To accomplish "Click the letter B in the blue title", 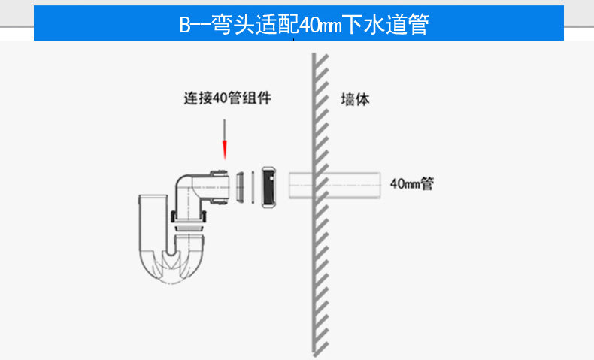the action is click(x=185, y=25).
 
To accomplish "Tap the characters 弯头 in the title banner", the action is click(x=232, y=25).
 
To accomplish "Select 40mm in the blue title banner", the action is click(x=320, y=25).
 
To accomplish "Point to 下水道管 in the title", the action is click(x=386, y=25).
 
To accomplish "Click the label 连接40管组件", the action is click(x=227, y=98).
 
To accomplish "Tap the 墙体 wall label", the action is click(x=355, y=99).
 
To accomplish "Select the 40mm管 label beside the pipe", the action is click(x=412, y=184).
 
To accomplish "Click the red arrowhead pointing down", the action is click(x=225, y=150).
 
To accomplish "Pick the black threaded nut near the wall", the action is click(x=268, y=187).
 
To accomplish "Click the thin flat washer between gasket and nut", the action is click(x=253, y=187).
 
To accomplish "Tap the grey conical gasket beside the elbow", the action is click(x=240, y=187).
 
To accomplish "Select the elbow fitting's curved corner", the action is click(x=183, y=183).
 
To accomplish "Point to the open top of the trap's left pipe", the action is click(x=153, y=196).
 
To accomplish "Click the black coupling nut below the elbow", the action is click(x=189, y=217).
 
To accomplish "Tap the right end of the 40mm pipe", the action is click(x=380, y=185).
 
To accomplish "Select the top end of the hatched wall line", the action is click(x=314, y=53).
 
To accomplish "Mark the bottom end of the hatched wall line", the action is click(x=314, y=355).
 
